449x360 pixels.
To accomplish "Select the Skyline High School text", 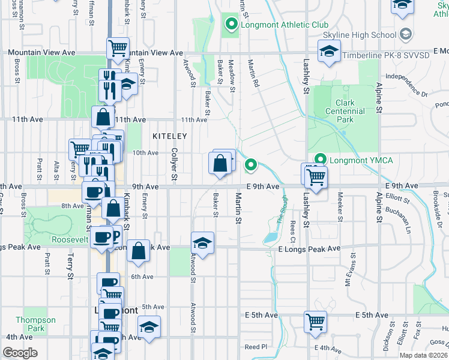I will point(367,35).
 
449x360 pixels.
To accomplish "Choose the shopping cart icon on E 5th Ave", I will point(315,321).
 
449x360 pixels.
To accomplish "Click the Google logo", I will point(20,353).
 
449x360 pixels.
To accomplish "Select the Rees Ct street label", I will point(292,228).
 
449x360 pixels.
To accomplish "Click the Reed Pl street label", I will point(255,347).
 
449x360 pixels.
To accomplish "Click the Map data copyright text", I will point(424,355).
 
